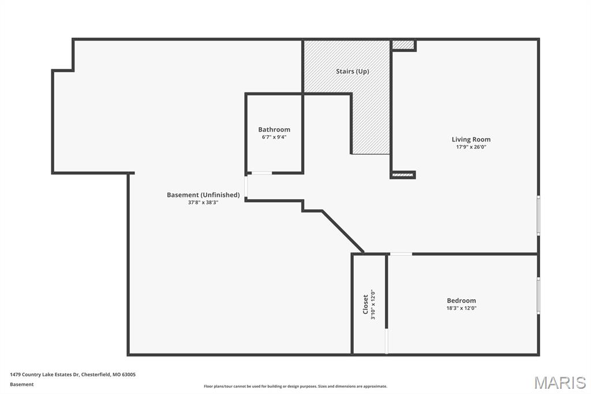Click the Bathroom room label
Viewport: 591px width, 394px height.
pos(274,129)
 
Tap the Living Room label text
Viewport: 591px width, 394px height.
pos(471,139)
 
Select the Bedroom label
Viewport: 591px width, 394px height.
pos(461,300)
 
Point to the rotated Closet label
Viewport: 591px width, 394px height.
pos(365,304)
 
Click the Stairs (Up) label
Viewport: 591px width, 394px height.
pos(352,72)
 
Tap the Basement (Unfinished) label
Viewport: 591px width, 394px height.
pos(203,195)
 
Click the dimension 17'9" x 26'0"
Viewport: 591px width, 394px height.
pos(471,147)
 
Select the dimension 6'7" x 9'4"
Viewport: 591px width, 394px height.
pos(274,137)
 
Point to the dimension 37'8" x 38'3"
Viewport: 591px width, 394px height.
pos(203,203)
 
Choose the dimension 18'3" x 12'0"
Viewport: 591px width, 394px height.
pos(461,308)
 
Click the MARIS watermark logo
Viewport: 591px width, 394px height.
pos(559,382)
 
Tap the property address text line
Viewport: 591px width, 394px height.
pos(73,374)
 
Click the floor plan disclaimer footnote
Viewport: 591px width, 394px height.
pos(295,386)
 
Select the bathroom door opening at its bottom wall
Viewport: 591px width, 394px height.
pos(261,173)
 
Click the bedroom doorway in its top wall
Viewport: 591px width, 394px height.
pos(401,254)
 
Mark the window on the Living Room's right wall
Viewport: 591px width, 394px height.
pos(538,215)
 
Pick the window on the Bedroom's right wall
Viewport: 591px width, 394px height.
pos(538,295)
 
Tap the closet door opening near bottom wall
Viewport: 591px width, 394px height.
pos(387,341)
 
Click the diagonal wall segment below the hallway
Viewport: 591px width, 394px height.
pos(342,232)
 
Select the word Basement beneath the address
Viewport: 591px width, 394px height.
pos(21,384)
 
